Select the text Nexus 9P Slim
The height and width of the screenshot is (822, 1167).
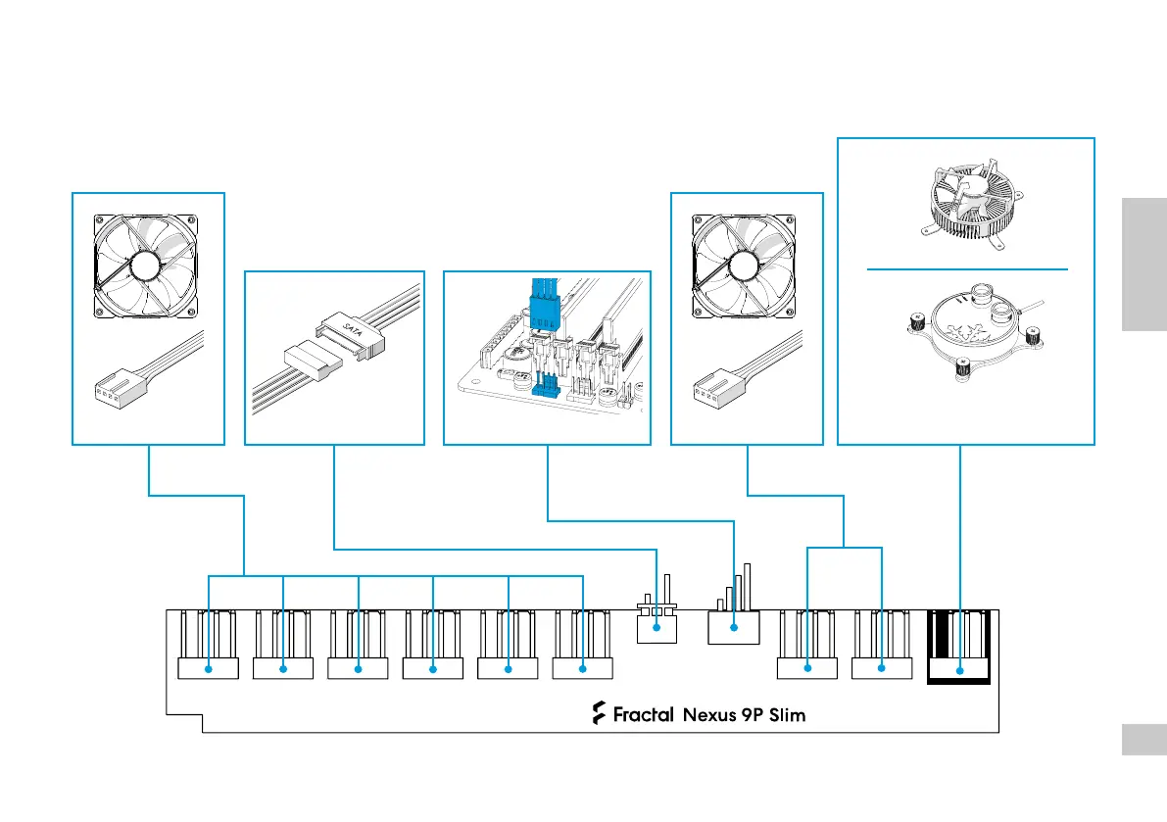(744, 714)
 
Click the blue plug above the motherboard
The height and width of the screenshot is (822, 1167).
(542, 302)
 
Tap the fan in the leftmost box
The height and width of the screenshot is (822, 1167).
(147, 266)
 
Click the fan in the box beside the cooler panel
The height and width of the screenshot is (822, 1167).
(746, 266)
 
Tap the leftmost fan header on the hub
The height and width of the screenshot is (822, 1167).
(209, 668)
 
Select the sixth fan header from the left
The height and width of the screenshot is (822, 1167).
(583, 668)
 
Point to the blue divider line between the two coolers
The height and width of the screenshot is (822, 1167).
(966, 267)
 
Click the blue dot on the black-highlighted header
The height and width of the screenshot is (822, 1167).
(959, 670)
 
